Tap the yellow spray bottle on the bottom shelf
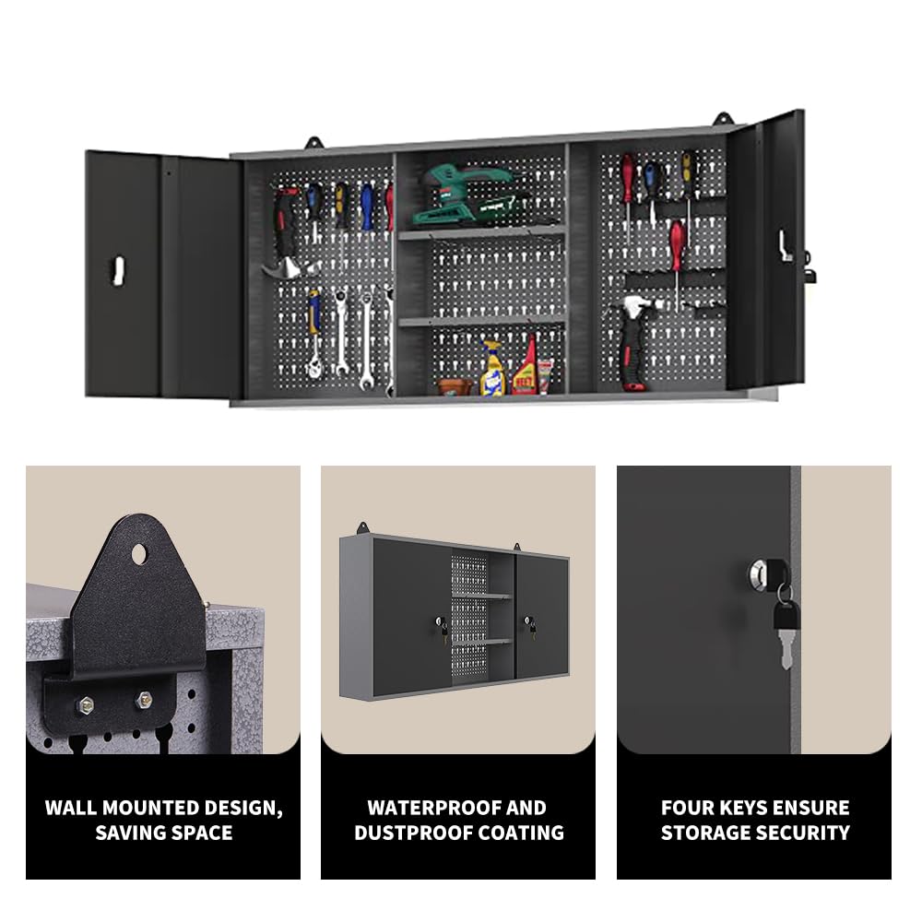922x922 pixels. (x=491, y=369)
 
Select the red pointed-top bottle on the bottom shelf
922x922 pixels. (x=526, y=365)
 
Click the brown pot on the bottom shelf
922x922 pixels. (x=455, y=386)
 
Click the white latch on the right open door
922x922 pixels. (x=785, y=246)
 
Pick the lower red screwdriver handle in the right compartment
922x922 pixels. (x=678, y=246)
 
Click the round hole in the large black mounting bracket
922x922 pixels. (x=139, y=554)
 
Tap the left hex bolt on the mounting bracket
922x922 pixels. (x=86, y=703)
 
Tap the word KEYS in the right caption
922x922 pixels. (x=752, y=808)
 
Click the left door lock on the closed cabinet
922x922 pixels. (x=439, y=622)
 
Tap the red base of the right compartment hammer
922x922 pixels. (x=634, y=386)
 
